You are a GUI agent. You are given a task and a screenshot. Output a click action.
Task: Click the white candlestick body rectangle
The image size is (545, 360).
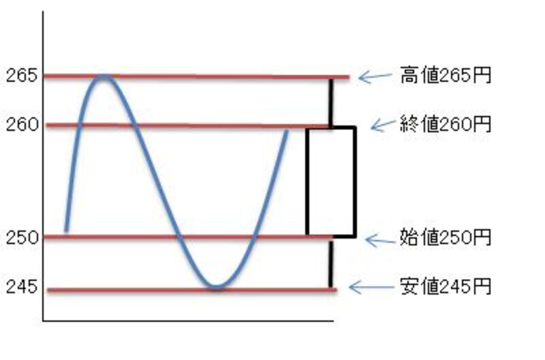point(331,181)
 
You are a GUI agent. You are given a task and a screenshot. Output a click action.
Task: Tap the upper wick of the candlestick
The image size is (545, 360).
point(331,103)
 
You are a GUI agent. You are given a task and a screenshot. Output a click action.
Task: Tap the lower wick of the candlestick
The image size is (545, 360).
point(330,262)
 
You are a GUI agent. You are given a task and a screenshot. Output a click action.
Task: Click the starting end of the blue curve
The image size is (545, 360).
point(66,230)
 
